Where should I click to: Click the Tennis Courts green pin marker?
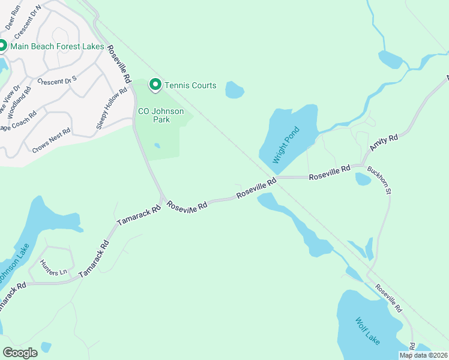coord(155,85)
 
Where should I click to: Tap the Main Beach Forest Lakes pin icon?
coord(2,46)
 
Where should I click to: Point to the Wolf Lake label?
coord(367,331)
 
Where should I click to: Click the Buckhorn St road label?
coord(380,181)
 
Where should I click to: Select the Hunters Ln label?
coord(53,268)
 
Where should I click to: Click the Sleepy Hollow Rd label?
coord(112,109)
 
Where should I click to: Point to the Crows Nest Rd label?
coord(53,139)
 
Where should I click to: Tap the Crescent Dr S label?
coord(57,80)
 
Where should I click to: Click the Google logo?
coord(20,353)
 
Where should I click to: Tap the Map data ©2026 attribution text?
coord(423,355)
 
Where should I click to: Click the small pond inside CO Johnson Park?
coord(157,145)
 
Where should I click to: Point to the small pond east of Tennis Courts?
coord(234,90)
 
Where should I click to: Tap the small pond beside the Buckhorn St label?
coord(363,179)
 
